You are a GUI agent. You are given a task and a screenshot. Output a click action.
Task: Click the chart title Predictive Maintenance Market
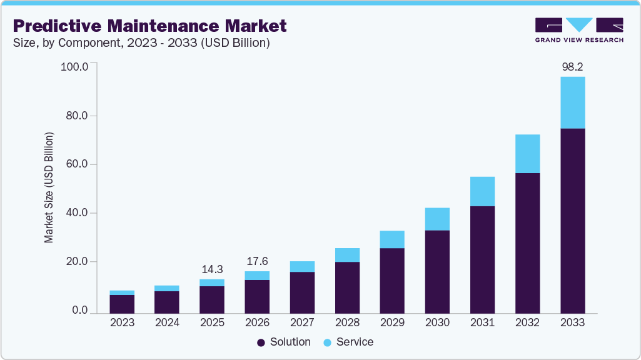coord(149,26)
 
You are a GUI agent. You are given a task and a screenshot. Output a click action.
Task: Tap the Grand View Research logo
coord(578,29)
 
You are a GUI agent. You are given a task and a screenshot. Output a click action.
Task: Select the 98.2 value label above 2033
coord(572,66)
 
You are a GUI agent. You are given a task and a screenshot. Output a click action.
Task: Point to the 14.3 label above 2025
coord(212,269)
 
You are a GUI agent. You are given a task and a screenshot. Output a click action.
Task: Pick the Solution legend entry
coord(283,342)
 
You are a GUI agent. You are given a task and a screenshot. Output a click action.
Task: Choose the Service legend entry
coord(348,342)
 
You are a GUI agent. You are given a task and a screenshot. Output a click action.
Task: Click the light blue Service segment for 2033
coord(572,102)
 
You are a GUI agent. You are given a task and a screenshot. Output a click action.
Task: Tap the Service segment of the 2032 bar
coord(527,154)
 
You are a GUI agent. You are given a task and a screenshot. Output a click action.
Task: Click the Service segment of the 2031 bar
coord(482,191)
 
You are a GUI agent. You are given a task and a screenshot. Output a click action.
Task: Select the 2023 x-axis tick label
coord(122,322)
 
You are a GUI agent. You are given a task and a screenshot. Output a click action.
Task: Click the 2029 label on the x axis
coord(392,322)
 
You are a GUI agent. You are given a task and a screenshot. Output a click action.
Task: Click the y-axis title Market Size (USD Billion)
coord(49,187)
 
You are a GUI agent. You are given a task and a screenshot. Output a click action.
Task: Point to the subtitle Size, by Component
coord(141,43)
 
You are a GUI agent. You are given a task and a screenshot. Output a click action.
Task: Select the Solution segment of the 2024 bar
coord(167,302)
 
